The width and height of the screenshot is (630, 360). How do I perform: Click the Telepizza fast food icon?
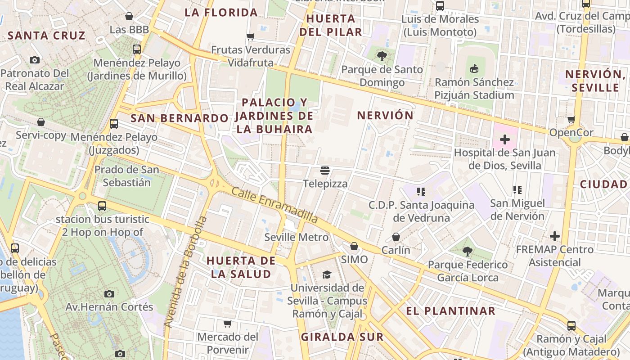(325, 171)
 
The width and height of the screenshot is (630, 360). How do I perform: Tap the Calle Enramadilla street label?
(274, 205)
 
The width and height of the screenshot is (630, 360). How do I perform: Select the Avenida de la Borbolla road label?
(185, 272)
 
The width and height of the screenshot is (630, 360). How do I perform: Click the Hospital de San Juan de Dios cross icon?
(505, 139)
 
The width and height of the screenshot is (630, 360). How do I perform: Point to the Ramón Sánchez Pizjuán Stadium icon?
(474, 68)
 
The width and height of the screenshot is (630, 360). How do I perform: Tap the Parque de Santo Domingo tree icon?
(382, 56)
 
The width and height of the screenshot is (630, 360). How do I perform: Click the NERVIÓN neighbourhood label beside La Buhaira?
(385, 116)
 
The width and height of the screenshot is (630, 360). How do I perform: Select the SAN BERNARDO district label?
(180, 118)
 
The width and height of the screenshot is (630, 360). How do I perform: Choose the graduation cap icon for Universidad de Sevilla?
(327, 274)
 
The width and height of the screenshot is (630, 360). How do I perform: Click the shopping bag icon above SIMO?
(354, 246)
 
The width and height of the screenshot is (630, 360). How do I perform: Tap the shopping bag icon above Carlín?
(396, 237)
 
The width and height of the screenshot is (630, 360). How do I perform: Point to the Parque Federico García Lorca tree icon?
(468, 251)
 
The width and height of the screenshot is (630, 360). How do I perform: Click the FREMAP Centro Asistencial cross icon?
(555, 236)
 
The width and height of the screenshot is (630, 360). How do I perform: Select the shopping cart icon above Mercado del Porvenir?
(228, 324)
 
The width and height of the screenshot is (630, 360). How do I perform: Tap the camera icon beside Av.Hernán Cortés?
(109, 294)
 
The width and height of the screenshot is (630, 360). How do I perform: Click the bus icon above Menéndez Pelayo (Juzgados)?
(114, 123)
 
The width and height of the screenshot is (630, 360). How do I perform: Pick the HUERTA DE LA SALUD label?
(240, 267)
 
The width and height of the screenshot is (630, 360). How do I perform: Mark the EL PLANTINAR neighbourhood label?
(450, 311)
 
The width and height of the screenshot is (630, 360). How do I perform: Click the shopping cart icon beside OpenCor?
(571, 119)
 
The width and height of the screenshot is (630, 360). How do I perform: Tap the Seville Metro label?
(297, 237)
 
